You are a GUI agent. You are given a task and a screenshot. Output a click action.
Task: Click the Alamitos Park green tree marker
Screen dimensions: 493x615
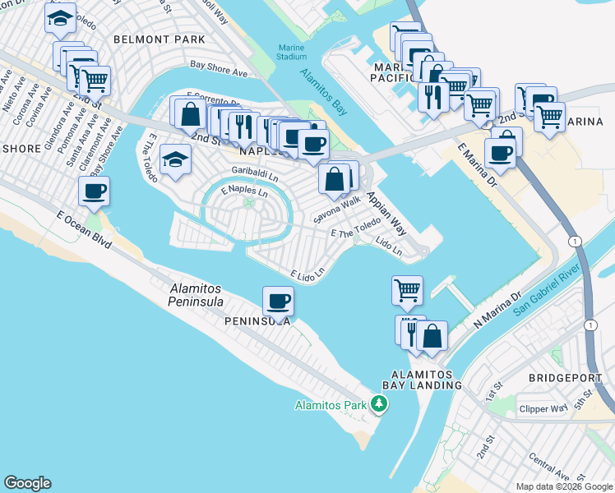[378, 403]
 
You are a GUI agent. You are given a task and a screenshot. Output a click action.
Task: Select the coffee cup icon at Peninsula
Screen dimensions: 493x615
[278, 301]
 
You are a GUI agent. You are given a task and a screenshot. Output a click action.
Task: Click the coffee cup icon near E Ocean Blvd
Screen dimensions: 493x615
[94, 191]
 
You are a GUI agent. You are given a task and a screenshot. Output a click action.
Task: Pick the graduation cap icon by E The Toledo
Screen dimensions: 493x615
[175, 160]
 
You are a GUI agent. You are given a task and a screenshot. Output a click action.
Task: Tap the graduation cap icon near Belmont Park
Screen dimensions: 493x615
[59, 19]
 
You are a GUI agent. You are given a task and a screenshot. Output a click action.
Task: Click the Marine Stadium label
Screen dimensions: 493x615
[292, 52]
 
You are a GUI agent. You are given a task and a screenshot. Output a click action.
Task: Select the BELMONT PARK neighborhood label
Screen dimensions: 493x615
[159, 39]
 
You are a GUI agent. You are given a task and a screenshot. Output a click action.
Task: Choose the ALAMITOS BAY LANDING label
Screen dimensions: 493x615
[423, 380]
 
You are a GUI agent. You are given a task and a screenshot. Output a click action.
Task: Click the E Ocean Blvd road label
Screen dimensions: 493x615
[85, 228]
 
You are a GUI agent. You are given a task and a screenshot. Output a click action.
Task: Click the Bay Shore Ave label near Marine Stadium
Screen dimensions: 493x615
[219, 71]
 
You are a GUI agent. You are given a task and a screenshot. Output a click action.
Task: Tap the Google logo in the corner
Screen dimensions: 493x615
[27, 483]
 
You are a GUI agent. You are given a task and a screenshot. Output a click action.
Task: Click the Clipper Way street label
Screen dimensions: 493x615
[543, 408]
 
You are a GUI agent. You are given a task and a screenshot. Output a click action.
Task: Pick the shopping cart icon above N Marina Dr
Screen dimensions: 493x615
[407, 290]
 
